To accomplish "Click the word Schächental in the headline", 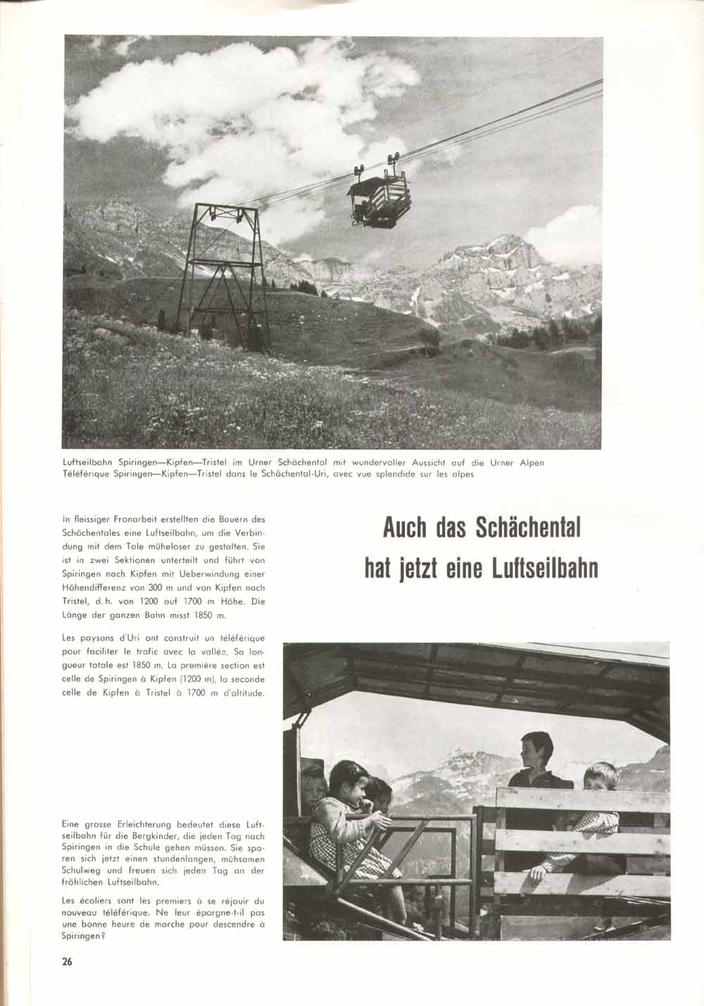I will pyautogui.click(x=528, y=528).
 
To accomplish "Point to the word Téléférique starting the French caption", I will pyautogui.click(x=87, y=474).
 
